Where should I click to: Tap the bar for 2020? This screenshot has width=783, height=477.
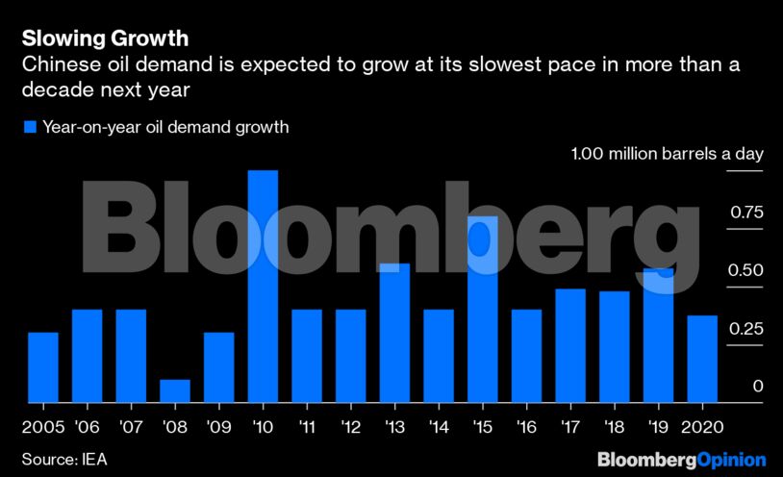[702, 359]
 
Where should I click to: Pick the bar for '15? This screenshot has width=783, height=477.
[483, 309]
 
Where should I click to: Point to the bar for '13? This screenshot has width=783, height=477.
[394, 333]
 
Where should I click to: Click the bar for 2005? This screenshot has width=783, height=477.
[42, 366]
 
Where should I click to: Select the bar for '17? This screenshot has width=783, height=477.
[570, 345]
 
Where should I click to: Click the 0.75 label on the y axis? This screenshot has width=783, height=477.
[745, 213]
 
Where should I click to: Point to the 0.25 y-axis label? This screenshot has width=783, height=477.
[745, 329]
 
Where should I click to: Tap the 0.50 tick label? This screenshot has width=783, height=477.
[745, 271]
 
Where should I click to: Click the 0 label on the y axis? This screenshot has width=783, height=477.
[758, 387]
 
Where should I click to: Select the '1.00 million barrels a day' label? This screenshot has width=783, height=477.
[667, 154]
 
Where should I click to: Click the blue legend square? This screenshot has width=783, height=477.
[30, 127]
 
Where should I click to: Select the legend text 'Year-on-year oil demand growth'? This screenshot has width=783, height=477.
[165, 127]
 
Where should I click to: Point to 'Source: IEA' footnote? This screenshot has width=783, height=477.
[64, 459]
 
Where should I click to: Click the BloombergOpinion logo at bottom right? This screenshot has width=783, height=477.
[681, 459]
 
